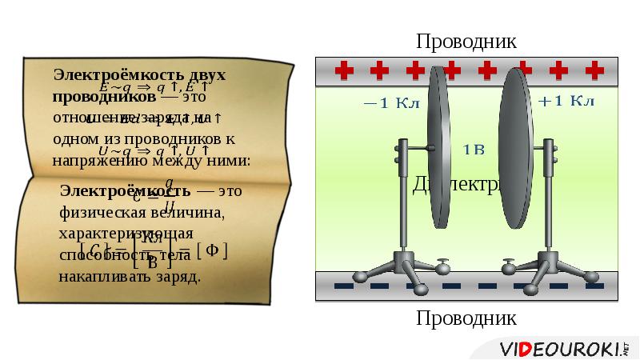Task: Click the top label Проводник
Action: pyautogui.click(x=466, y=41)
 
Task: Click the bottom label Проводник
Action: pyautogui.click(x=466, y=318)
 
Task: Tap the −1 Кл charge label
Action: pyautogui.click(x=386, y=102)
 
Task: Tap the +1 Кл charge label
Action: pyautogui.click(x=566, y=101)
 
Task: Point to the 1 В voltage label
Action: pyautogui.click(x=474, y=149)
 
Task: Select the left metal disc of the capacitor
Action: pyautogui.click(x=438, y=147)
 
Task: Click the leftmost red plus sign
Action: pyautogui.click(x=344, y=70)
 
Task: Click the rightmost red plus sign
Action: pyautogui.click(x=594, y=70)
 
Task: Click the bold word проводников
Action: pyautogui.click(x=104, y=96)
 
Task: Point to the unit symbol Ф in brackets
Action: pyautogui.click(x=212, y=250)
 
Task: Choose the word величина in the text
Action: pyautogui.click(x=186, y=214)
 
